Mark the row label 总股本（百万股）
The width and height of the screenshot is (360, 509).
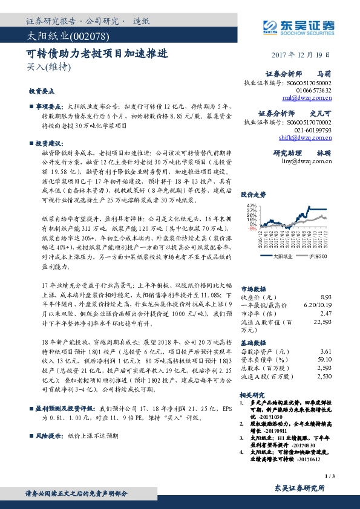point(263,368)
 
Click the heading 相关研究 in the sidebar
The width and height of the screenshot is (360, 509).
point(253,394)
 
